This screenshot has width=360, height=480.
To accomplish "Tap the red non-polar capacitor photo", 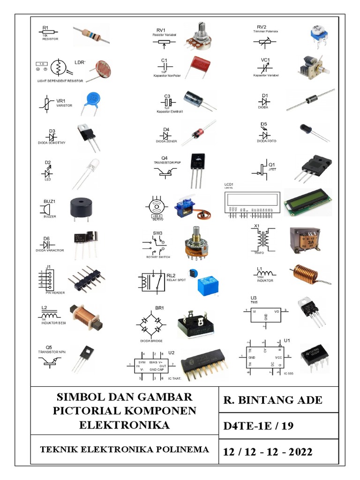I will pyautogui.click(x=195, y=66).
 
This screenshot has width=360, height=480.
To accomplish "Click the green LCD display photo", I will pyautogui.click(x=307, y=202).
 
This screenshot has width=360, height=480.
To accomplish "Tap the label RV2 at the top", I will pyautogui.click(x=262, y=27).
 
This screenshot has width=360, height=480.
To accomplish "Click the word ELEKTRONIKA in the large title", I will pyautogui.click(x=124, y=426).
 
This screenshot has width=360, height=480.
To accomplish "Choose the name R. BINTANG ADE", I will pyautogui.click(x=273, y=400).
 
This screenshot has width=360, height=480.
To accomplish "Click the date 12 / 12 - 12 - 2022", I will pyautogui.click(x=268, y=452).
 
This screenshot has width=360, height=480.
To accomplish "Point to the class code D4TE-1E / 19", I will pyautogui.click(x=258, y=426).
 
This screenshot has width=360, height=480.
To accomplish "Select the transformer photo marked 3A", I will pyautogui.click(x=305, y=242).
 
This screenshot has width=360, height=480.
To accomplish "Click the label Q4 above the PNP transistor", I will pyautogui.click(x=165, y=158).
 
